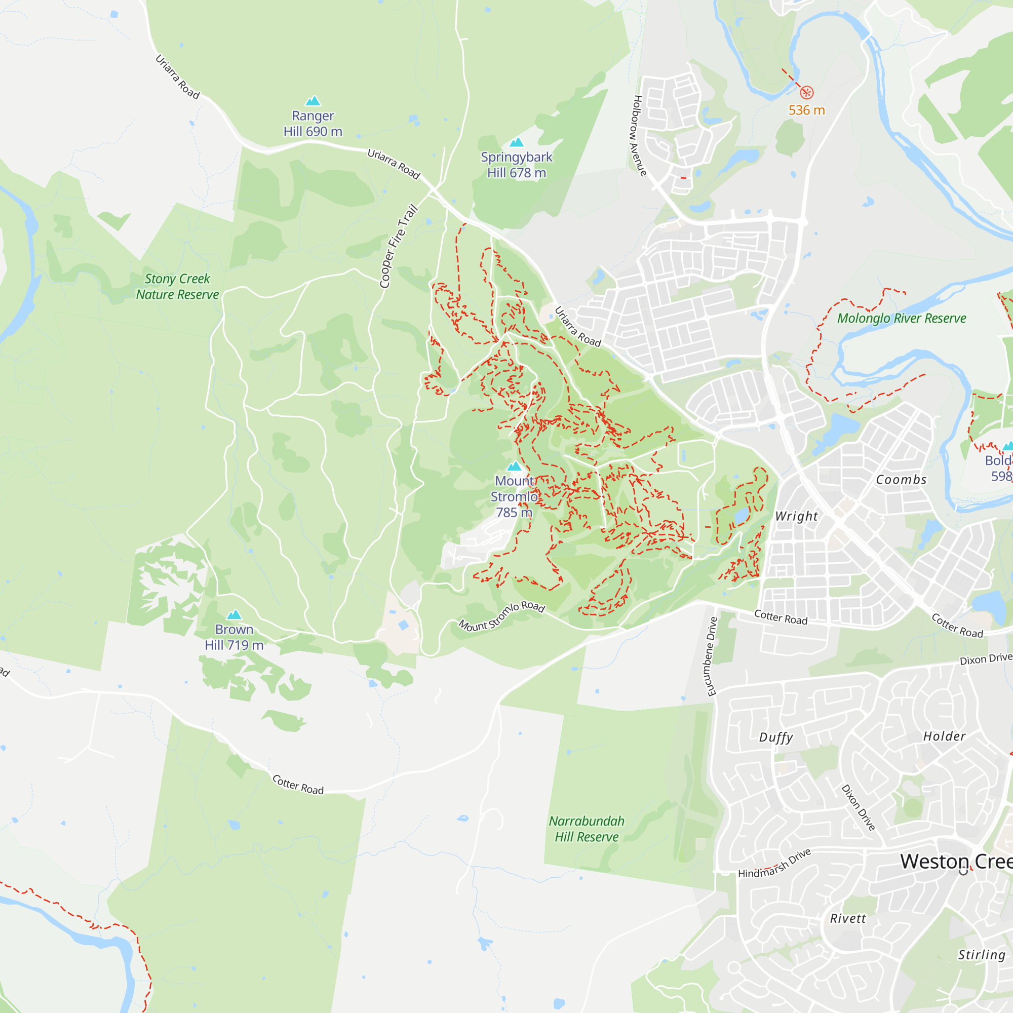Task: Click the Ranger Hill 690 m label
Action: tap(313, 124)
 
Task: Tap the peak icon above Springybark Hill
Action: tap(517, 142)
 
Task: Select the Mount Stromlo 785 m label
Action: tap(514, 496)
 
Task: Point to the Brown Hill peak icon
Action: tap(234, 614)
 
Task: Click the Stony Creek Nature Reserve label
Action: tap(177, 286)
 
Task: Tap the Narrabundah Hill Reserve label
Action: tap(586, 829)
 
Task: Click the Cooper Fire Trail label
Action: tap(399, 246)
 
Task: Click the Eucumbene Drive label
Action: tap(712, 656)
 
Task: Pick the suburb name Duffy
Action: tap(775, 738)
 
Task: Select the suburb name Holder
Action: tap(944, 736)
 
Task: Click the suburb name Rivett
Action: tap(848, 919)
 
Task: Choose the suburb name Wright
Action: tap(796, 517)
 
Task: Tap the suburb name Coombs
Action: tap(901, 480)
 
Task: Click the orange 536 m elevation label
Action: tap(806, 110)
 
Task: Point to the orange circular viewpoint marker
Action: tap(806, 93)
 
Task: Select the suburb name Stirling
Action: tap(982, 954)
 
